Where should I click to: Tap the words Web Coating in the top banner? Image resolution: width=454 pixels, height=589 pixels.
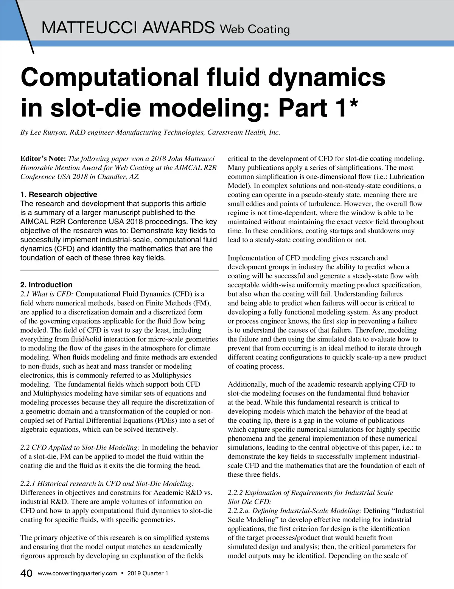pyautogui.click(x=255, y=29)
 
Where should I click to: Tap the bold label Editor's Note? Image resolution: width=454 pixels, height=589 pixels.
pyautogui.click(x=43, y=158)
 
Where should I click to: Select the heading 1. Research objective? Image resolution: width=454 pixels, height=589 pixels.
pyautogui.click(x=59, y=194)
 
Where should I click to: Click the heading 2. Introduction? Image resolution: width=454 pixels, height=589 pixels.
pyautogui.click(x=46, y=285)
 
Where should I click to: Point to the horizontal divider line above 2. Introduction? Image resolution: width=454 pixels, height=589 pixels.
pyautogui.click(x=120, y=270)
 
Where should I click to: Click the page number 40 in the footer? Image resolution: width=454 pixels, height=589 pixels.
pyautogui.click(x=26, y=573)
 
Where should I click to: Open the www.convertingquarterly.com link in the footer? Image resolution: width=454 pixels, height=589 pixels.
pyautogui.click(x=78, y=573)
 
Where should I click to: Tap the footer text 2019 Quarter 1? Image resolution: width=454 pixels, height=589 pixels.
pyautogui.click(x=148, y=573)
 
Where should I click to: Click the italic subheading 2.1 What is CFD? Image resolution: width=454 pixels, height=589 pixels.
pyautogui.click(x=47, y=294)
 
